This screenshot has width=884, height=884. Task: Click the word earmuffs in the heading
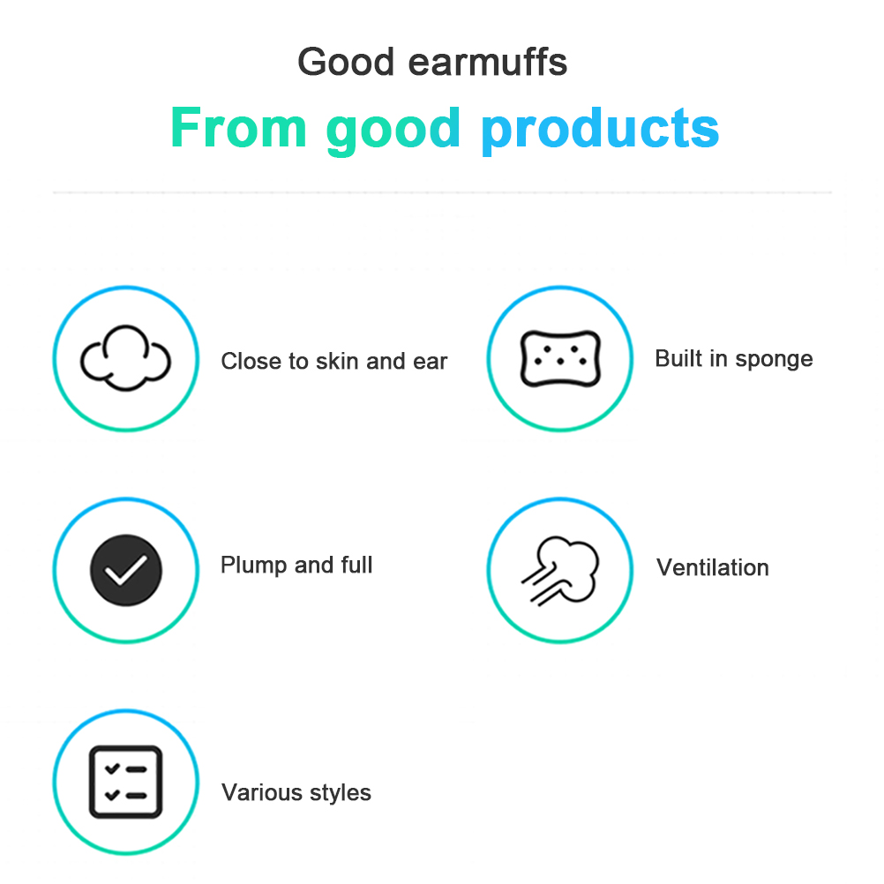pyautogui.click(x=488, y=62)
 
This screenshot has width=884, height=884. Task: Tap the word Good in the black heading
pyautogui.click(x=346, y=62)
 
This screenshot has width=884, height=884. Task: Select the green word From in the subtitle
pyautogui.click(x=239, y=128)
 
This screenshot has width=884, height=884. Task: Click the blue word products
pyautogui.click(x=600, y=131)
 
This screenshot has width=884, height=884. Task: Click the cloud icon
pyautogui.click(x=126, y=358)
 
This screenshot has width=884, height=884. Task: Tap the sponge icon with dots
pyautogui.click(x=560, y=358)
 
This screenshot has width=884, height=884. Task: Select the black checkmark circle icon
pyautogui.click(x=126, y=570)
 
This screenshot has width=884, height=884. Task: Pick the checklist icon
pyautogui.click(x=126, y=782)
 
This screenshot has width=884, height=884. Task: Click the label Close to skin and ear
pyautogui.click(x=333, y=362)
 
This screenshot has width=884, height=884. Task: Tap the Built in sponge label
pyautogui.click(x=733, y=359)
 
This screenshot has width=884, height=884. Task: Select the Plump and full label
pyautogui.click(x=296, y=566)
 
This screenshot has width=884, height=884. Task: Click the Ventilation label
pyautogui.click(x=713, y=568)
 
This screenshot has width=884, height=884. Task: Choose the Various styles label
pyautogui.click(x=296, y=793)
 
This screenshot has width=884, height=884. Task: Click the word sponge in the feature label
pyautogui.click(x=774, y=360)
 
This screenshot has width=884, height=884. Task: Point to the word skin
pyautogui.click(x=337, y=362)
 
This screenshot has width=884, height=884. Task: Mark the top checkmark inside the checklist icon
pyautogui.click(x=112, y=768)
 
